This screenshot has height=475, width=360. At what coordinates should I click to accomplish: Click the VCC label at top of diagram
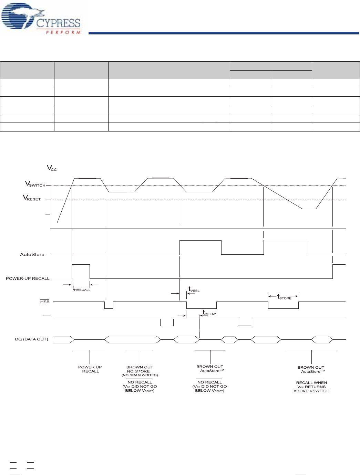pos(52,168)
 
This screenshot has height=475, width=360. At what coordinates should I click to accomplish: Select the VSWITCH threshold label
pos(35,184)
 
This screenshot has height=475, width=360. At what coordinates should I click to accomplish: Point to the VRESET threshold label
pos(32,198)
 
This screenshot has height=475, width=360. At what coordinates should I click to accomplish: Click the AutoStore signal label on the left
pos(32,255)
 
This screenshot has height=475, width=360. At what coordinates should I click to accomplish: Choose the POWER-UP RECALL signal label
pos(28,278)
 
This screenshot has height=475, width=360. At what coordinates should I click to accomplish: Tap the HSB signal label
pos(45,302)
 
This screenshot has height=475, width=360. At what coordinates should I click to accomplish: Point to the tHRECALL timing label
pos(81,289)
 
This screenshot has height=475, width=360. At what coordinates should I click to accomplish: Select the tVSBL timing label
pos(194,289)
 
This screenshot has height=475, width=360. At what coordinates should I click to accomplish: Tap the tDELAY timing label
pos(209,313)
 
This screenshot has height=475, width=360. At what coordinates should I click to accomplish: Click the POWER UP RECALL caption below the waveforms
pos(90,369)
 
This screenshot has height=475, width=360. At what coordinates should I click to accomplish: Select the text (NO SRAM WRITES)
pos(140,375)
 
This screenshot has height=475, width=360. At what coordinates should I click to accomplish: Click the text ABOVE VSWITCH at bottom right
pos(311,391)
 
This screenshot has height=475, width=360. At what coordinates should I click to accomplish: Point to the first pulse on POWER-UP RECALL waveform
pos(81,271)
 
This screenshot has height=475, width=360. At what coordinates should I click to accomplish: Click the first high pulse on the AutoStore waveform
pos(200,247)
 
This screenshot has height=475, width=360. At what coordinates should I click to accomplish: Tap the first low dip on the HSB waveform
pos(109,305)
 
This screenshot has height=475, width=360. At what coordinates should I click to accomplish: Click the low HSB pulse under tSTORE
pos(283,305)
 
